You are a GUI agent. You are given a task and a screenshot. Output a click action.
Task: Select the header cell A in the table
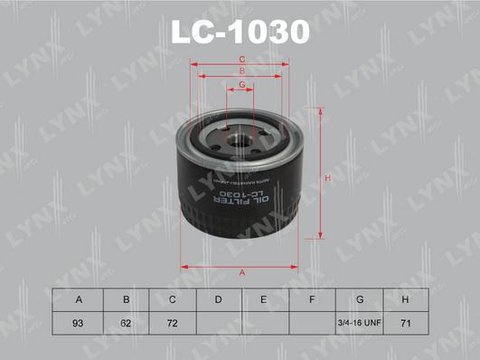click(x=79, y=299)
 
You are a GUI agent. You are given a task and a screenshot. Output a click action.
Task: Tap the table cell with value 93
click(x=79, y=323)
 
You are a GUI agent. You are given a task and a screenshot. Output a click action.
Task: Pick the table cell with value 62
click(x=127, y=323)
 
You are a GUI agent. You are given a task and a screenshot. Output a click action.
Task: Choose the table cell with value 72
click(x=172, y=323)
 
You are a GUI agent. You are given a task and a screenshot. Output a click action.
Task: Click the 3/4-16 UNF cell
click(x=360, y=323)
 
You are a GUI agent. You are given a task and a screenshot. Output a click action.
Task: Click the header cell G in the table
click(x=360, y=299)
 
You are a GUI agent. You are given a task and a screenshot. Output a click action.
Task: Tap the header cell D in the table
click(x=219, y=299)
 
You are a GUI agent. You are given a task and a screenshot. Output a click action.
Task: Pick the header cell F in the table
click(x=312, y=299)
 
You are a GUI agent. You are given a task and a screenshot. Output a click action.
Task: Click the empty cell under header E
click(x=265, y=323)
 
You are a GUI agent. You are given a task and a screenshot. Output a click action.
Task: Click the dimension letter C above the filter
click(x=241, y=60)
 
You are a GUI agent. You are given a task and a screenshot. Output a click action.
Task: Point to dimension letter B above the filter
click(x=241, y=72)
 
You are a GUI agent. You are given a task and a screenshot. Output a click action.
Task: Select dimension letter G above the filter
click(x=241, y=85)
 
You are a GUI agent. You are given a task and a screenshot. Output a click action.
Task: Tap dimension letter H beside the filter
click(x=329, y=177)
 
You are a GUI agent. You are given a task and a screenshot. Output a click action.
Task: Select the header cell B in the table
click(x=127, y=299)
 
